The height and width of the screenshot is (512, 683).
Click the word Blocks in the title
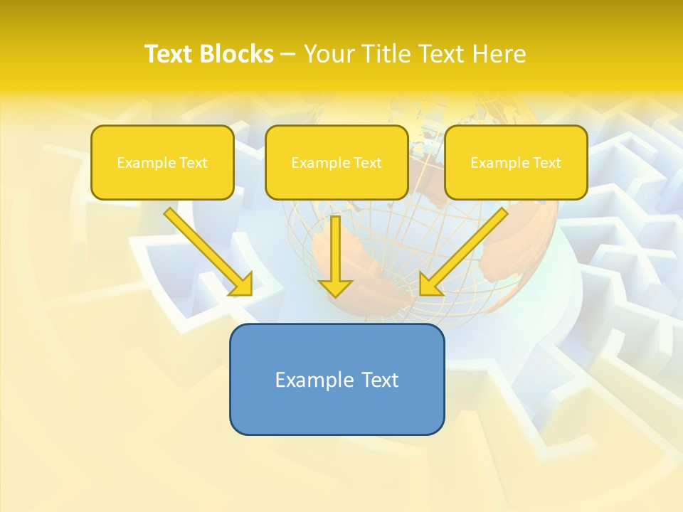(x=236, y=54)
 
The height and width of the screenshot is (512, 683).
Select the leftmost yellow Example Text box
(x=162, y=163)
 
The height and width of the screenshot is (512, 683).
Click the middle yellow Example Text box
(x=337, y=163)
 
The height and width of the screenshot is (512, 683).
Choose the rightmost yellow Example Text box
(x=516, y=163)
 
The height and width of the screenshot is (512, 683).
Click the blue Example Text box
(x=337, y=379)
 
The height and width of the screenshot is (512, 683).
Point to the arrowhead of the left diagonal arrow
(x=242, y=284)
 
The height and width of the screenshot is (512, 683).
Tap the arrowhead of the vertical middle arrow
(x=336, y=287)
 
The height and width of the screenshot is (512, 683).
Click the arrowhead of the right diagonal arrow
(x=430, y=284)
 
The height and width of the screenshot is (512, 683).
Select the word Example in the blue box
(x=310, y=380)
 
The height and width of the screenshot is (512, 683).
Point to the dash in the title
(x=288, y=55)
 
